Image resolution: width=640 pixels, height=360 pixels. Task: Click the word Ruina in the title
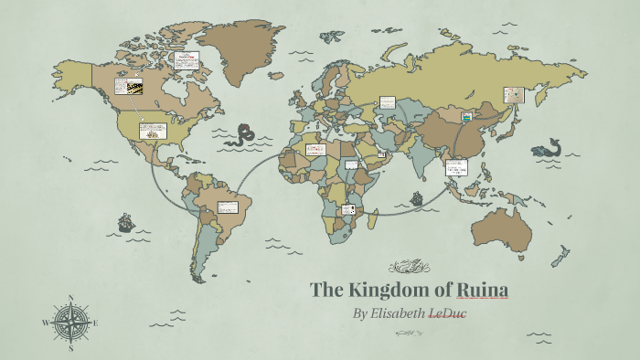479,291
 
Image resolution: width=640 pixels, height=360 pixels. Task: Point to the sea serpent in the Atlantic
242,134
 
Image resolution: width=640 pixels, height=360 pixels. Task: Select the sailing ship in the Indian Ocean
417,197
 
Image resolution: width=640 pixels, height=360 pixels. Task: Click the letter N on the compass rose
71,298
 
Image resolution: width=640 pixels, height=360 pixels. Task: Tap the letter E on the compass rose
95,323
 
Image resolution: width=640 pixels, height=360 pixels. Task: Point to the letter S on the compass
71,348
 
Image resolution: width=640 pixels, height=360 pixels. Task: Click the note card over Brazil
227,207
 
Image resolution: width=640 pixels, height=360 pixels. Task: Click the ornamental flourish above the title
409,268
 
